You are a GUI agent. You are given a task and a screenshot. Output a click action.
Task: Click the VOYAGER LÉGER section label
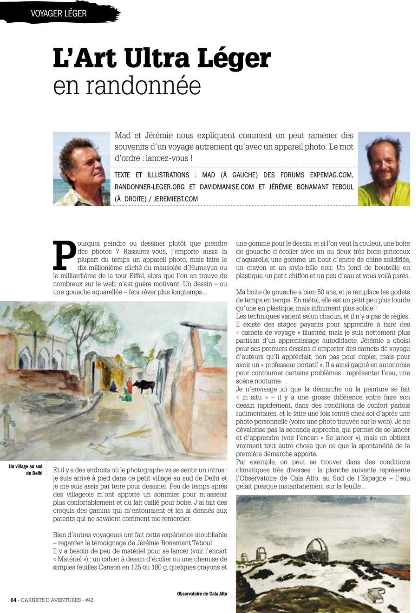click(x=59, y=13)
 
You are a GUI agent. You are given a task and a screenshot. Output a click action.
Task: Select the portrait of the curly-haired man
click(x=82, y=169)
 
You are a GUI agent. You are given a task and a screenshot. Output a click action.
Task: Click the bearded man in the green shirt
click(x=384, y=169)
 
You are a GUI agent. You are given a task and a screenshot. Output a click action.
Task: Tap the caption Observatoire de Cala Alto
click(x=202, y=594)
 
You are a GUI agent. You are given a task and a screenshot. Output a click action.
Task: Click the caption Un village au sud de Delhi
click(x=26, y=470)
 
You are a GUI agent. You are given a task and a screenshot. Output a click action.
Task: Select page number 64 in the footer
click(x=13, y=600)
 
